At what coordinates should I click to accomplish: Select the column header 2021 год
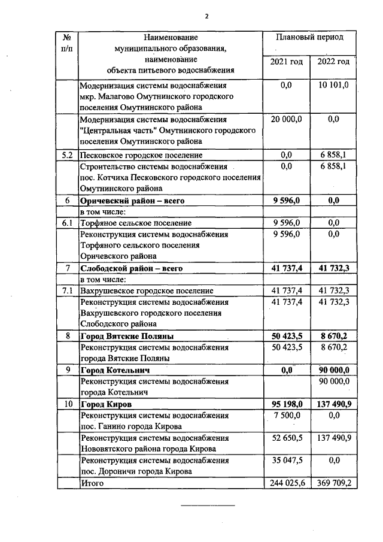(x=286, y=62)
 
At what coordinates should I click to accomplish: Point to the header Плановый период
(x=309, y=37)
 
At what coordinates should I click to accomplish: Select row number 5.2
(x=68, y=155)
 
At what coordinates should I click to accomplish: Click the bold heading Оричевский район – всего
(x=132, y=201)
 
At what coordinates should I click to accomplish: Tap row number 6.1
(x=68, y=223)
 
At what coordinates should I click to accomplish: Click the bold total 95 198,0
(x=286, y=404)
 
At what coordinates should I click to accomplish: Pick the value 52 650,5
(x=286, y=438)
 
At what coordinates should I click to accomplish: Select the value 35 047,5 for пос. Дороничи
(x=286, y=461)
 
